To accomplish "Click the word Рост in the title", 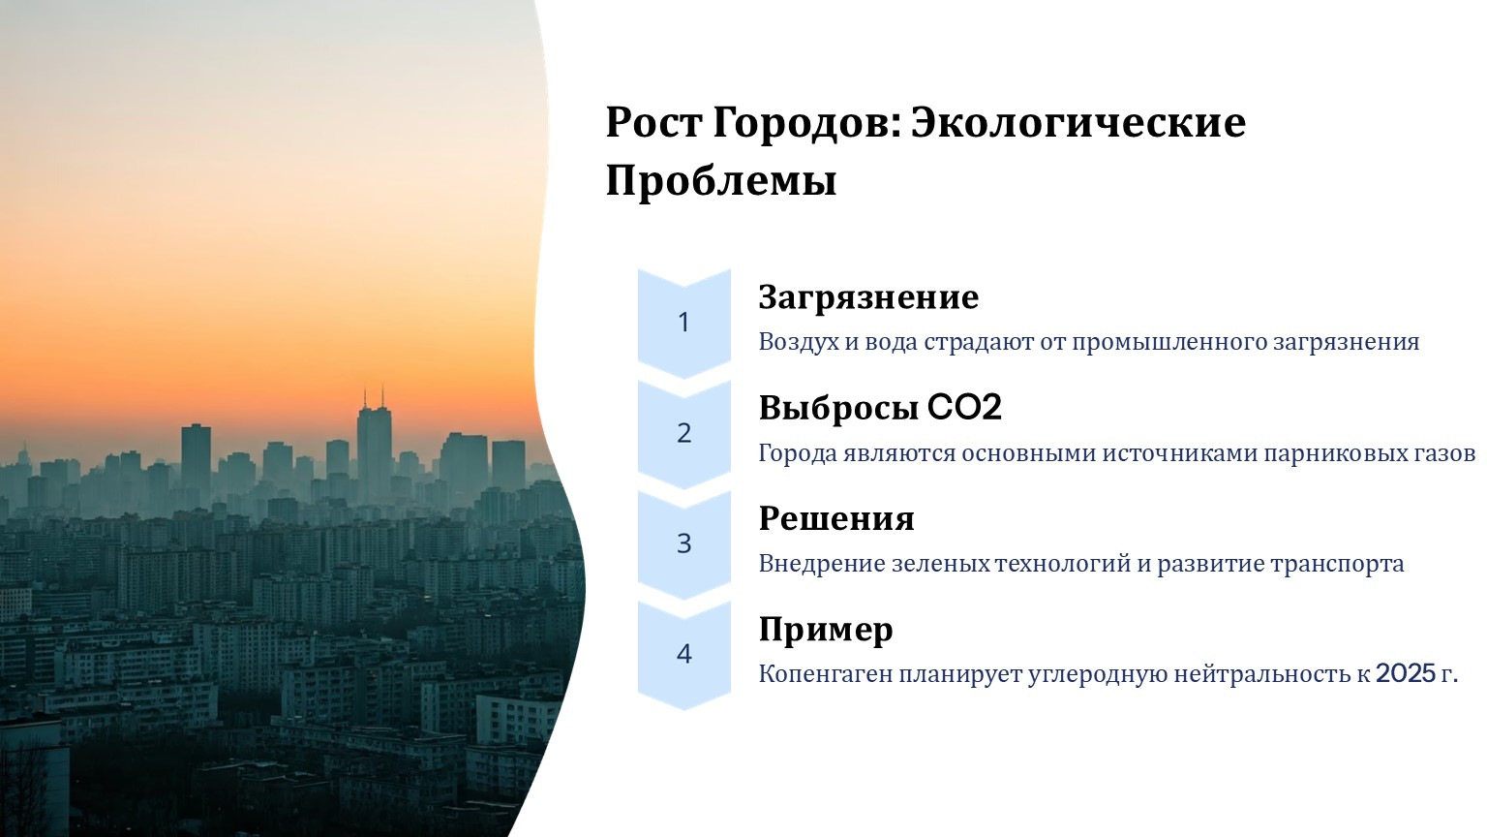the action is (653, 122).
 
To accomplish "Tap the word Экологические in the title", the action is (1078, 122).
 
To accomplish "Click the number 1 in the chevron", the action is (683, 323).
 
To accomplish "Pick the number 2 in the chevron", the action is (683, 433).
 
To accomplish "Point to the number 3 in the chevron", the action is (683, 543).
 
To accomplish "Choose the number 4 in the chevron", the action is (683, 654).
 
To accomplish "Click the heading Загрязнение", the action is (868, 297).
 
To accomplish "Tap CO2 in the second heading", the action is (964, 407).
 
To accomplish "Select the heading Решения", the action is (836, 518).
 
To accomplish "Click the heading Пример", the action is (826, 630).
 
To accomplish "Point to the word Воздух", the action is (799, 342).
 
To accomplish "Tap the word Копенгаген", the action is (826, 674).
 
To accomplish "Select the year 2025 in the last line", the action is (1406, 673).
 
